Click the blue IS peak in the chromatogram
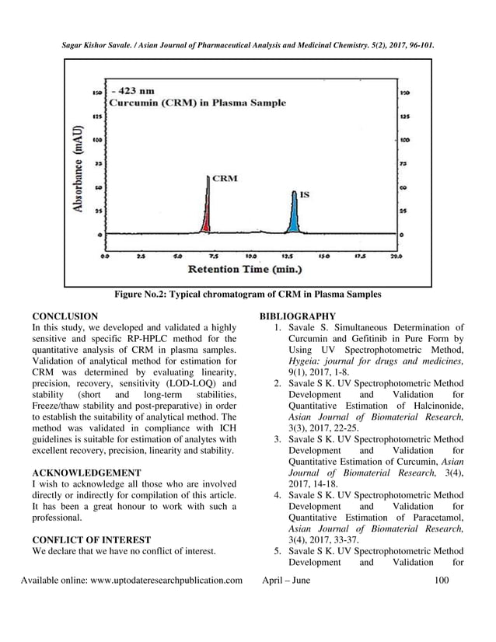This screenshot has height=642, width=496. [292, 219]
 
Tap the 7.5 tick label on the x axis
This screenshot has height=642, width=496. [213, 254]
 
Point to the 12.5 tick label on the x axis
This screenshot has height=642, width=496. [287, 254]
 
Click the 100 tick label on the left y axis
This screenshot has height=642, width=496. [99, 141]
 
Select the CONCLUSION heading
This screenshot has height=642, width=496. [65, 316]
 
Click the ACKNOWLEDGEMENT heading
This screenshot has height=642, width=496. [86, 472]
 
